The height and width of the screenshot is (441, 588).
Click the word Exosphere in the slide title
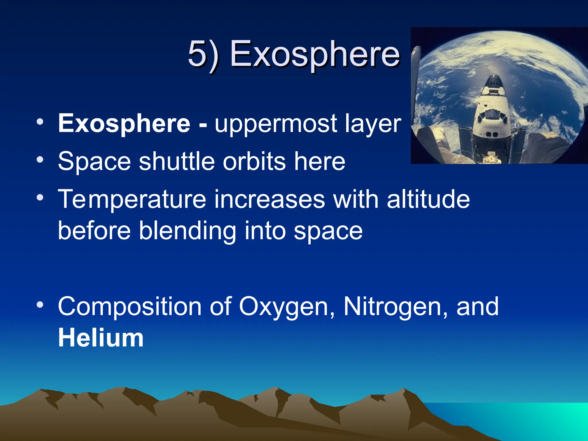(315, 54)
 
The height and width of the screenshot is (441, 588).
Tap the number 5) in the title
(203, 54)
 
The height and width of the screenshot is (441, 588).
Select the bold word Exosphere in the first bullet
(124, 123)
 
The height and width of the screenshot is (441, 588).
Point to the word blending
(188, 231)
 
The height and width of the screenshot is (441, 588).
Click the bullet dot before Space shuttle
(40, 159)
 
